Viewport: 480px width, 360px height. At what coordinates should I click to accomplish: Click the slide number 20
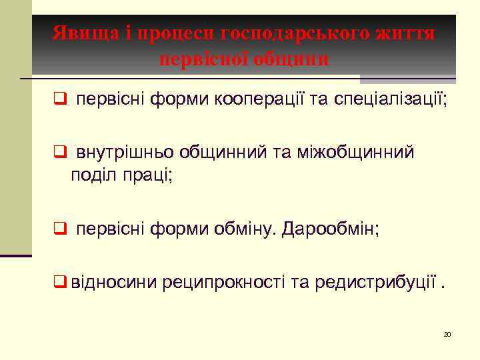point(447,333)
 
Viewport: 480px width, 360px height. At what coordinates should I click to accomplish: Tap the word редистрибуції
point(364,283)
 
